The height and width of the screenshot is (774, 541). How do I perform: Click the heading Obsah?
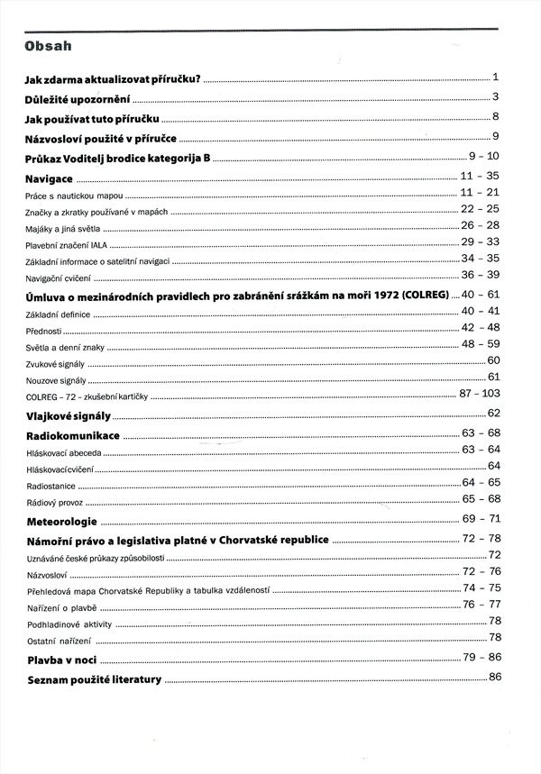point(50,46)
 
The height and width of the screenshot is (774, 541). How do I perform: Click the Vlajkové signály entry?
point(69,416)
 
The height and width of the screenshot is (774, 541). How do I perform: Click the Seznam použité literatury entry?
point(94,679)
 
